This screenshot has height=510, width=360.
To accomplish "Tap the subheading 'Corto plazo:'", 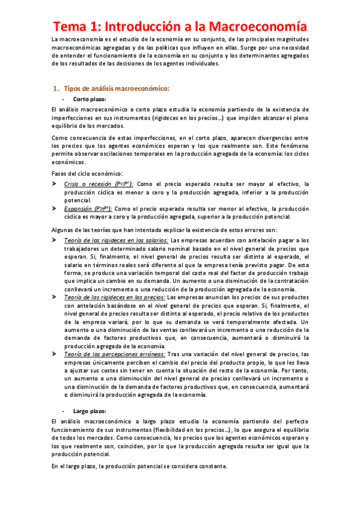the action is click(90, 98).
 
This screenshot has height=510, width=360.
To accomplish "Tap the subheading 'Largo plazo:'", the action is click(90, 410).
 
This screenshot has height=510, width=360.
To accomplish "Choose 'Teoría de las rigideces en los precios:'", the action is click(114, 297).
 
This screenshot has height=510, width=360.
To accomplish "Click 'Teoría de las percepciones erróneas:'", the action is click(111, 354).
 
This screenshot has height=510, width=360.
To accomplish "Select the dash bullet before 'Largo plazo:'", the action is click(64, 410).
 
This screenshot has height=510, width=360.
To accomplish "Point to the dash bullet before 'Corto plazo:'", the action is click(64, 98).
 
